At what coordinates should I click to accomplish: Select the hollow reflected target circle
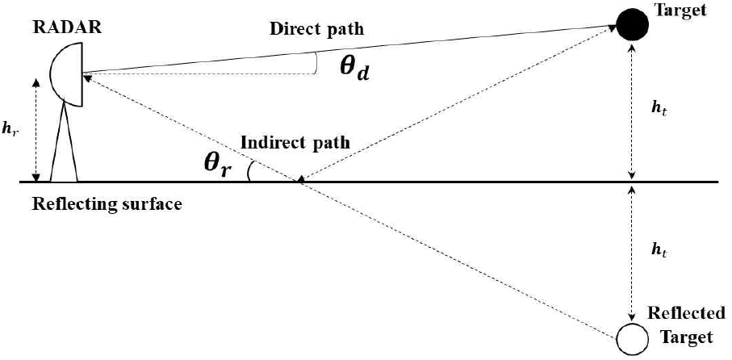coord(632,338)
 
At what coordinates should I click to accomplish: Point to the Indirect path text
coord(295,144)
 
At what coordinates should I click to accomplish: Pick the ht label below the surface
coord(659,252)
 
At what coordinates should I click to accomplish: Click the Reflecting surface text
coord(107,204)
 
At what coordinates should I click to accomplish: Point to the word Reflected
coord(687,313)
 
